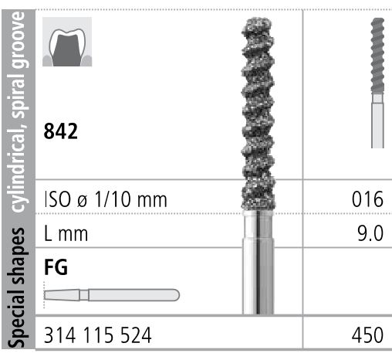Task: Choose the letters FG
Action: tap(56, 267)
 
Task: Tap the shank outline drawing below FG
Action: tap(112, 294)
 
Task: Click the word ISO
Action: tap(61, 199)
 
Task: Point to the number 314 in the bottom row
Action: tap(60, 336)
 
